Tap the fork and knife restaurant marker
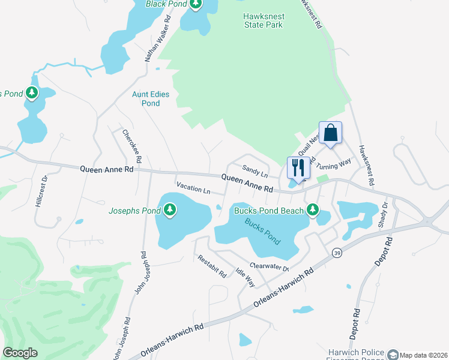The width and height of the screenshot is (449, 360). (298, 167)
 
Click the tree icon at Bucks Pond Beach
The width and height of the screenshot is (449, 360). (312, 209)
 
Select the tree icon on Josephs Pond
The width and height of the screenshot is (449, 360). (171, 209)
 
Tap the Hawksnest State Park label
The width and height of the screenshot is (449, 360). (264, 21)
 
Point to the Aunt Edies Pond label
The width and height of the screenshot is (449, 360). (151, 99)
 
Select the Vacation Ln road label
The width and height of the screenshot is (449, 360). (193, 191)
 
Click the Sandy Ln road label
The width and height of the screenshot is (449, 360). (253, 170)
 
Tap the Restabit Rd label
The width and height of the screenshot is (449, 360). (212, 266)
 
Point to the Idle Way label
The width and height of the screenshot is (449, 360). (245, 277)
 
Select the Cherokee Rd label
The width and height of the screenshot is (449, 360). (131, 146)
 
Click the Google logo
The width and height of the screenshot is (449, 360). (20, 353)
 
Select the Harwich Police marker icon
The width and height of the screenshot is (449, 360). (393, 355)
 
